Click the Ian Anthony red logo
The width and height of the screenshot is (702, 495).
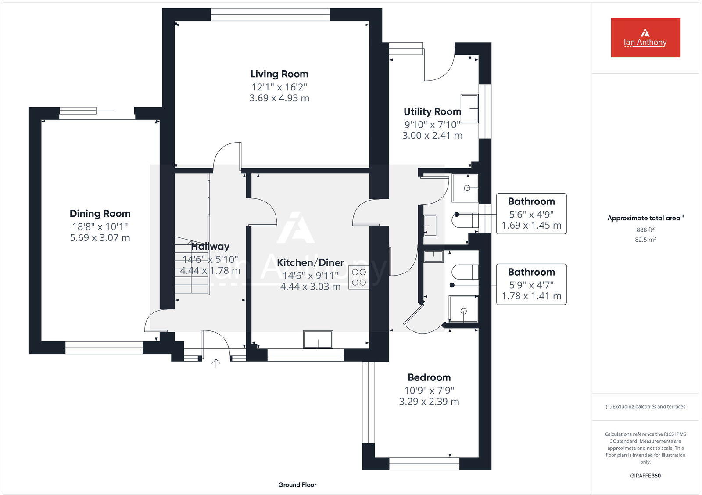pyautogui.click(x=645, y=38)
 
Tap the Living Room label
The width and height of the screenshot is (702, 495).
pyautogui.click(x=279, y=74)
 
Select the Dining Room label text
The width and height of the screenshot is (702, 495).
pyautogui.click(x=100, y=214)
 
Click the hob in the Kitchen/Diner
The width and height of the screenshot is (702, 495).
pyautogui.click(x=358, y=277)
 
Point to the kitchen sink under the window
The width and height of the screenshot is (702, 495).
pyautogui.click(x=318, y=339)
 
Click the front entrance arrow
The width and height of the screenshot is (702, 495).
pyautogui.click(x=216, y=363)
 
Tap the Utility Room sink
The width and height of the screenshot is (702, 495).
pyautogui.click(x=469, y=108)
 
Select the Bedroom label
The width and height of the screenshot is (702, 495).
pyautogui.click(x=429, y=377)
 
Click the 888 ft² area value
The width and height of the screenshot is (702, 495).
pyautogui.click(x=645, y=230)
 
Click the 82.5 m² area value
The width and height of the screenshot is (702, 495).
pyautogui.click(x=645, y=240)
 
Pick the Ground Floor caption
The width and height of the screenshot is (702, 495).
pyautogui.click(x=297, y=485)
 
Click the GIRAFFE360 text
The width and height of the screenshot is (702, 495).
pyautogui.click(x=645, y=476)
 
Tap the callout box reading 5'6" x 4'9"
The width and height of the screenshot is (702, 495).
pyautogui.click(x=531, y=214)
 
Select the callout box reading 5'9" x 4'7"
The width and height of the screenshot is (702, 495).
pyautogui.click(x=531, y=284)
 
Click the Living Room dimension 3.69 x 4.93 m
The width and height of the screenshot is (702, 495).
pyautogui.click(x=279, y=98)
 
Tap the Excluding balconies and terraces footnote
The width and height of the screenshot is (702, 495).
pyautogui.click(x=645, y=407)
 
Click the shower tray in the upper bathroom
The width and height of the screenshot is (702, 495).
pyautogui.click(x=465, y=188)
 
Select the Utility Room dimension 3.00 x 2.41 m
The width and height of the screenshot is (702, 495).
pyautogui.click(x=432, y=136)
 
